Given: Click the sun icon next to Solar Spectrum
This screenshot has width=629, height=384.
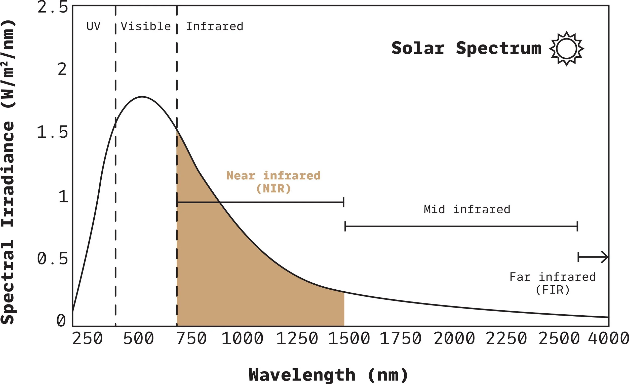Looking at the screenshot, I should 566,49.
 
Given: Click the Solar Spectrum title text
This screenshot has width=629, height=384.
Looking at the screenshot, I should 466,48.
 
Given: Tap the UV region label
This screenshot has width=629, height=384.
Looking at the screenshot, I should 93,26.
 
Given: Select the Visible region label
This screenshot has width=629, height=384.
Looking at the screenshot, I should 146,26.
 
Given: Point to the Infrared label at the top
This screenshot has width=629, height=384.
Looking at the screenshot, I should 214,26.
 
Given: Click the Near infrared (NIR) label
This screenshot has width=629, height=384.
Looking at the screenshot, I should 273,182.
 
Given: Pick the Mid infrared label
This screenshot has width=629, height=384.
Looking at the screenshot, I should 467,209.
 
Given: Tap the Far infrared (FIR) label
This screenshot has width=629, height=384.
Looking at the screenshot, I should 553,283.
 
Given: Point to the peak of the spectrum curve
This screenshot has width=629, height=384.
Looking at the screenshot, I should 142,97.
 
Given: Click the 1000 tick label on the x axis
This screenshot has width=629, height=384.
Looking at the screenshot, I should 242,339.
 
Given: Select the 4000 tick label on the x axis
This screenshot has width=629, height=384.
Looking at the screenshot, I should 608,339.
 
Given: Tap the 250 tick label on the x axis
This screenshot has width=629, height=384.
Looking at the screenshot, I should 87,339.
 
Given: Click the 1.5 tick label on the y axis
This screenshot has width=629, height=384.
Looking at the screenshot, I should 52,133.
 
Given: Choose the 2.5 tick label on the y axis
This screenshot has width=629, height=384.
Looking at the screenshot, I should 53,7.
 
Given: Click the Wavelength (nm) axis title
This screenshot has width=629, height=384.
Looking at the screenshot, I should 328,375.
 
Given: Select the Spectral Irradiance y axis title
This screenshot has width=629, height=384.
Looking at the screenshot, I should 8,172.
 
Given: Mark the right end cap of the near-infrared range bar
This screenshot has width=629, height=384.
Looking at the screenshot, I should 344,202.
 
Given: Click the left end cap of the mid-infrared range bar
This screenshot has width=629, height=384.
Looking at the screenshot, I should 345,226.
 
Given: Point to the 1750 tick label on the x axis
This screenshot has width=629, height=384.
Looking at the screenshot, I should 401,339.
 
